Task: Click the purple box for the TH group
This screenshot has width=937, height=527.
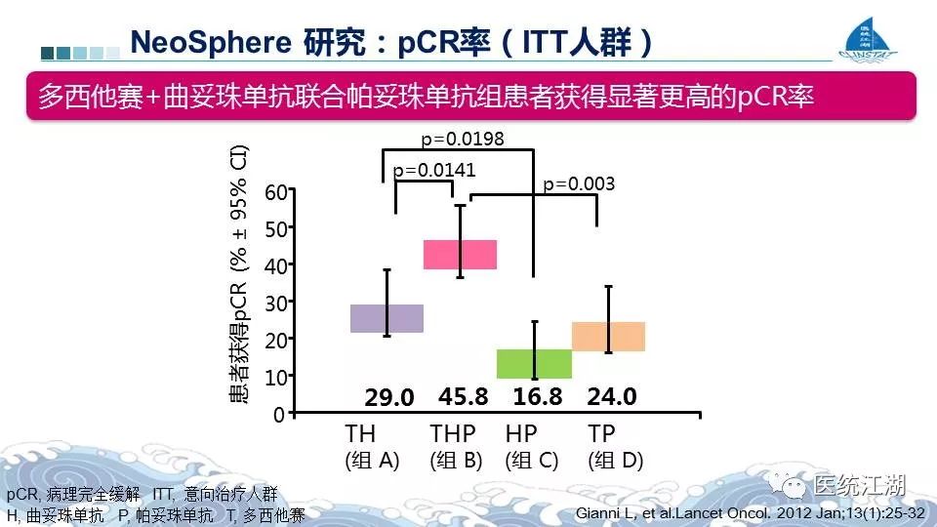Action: [387, 318]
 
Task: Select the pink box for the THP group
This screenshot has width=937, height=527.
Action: [460, 254]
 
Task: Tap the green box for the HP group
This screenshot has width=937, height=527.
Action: [534, 363]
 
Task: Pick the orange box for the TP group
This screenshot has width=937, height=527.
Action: [608, 336]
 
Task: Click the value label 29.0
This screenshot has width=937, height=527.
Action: [389, 398]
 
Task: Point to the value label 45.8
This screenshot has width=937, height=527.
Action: [464, 396]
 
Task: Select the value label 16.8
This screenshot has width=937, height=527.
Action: [538, 396]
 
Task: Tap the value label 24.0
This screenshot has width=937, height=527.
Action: [612, 396]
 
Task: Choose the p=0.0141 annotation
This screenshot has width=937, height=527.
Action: [434, 170]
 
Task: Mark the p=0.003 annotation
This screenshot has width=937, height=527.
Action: [579, 183]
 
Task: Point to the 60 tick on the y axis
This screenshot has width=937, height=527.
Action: [275, 192]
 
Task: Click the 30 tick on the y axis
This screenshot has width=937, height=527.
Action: [275, 304]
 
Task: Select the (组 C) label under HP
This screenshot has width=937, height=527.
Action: [532, 461]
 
